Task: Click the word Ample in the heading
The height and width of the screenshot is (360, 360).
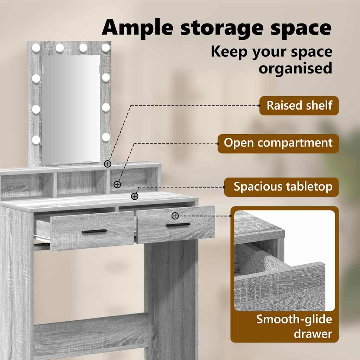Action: click(x=137, y=28)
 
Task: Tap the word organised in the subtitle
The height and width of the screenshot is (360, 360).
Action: click(x=295, y=68)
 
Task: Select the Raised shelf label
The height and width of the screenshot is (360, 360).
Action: click(x=299, y=105)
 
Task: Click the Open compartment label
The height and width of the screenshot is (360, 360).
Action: click(x=278, y=143)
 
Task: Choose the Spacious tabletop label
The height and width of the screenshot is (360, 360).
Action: click(x=282, y=187)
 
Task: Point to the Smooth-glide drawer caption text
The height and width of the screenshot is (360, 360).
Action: click(x=294, y=327)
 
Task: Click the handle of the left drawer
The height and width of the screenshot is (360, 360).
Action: click(x=94, y=231)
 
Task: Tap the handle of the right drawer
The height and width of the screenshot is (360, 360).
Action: click(x=178, y=225)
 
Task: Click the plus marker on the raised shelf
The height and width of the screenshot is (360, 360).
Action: click(x=108, y=164)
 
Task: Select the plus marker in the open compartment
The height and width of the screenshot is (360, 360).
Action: click(x=117, y=184)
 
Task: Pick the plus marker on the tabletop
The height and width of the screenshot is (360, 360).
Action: click(x=135, y=196)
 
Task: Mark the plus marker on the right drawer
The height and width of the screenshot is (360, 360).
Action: click(x=175, y=216)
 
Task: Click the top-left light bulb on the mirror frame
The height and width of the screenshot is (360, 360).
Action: click(x=36, y=48)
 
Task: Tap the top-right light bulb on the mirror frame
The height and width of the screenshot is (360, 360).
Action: click(x=106, y=48)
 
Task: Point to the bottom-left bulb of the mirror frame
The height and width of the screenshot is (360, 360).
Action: click(x=36, y=140)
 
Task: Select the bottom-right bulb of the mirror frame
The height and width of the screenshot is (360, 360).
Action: click(x=106, y=137)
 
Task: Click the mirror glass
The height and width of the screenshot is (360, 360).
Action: click(x=71, y=110)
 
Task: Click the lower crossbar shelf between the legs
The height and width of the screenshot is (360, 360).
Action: click(x=91, y=330)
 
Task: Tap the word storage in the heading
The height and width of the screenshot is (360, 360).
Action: click(x=221, y=29)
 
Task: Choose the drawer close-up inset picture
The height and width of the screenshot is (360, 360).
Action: click(x=284, y=261)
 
